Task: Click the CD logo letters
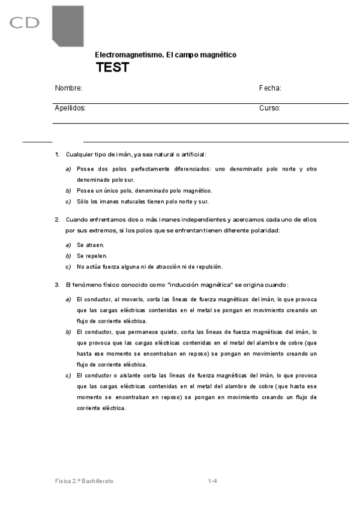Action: pyautogui.click(x=25, y=23)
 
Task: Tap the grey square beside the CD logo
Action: pyautogui.click(x=76, y=24)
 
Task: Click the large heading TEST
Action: pyautogui.click(x=112, y=67)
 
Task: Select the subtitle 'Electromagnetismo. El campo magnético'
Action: pyautogui.click(x=166, y=55)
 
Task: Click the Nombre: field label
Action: pyautogui.click(x=68, y=88)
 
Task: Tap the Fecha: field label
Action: pyautogui.click(x=270, y=88)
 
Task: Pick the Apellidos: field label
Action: pyautogui.click(x=70, y=109)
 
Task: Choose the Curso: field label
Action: pyautogui.click(x=270, y=109)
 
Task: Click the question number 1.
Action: pyautogui.click(x=57, y=154)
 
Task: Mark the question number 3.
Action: pyautogui.click(x=57, y=285)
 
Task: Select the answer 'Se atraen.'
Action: pyautogui.click(x=91, y=245)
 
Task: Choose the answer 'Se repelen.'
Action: pyautogui.click(x=92, y=256)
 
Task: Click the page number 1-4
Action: pyautogui.click(x=212, y=481)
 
